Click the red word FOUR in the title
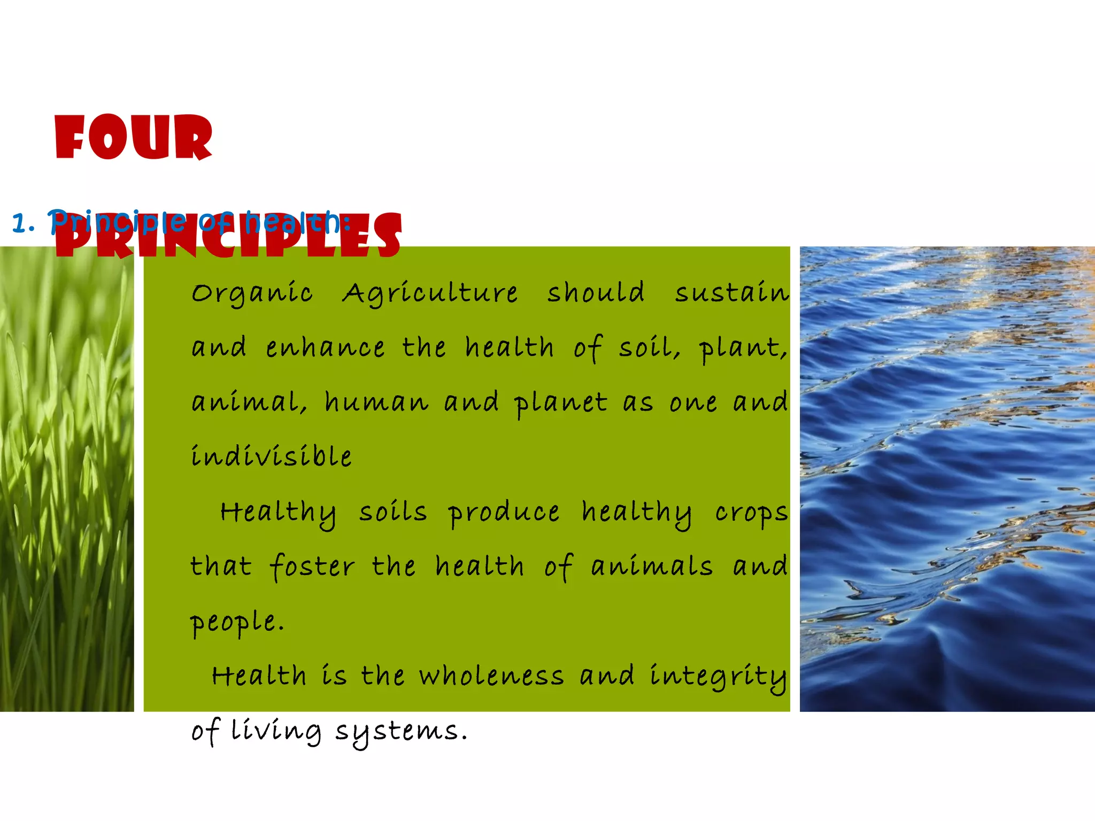tap(134, 137)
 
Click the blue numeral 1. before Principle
tap(23, 223)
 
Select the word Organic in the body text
tap(252, 293)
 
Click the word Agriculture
tap(430, 293)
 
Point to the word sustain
tap(731, 292)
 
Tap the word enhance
tap(325, 348)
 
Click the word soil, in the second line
tap(649, 348)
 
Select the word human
tap(376, 402)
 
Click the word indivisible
tap(272, 456)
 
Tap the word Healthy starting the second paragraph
tap(278, 513)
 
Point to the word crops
tap(751, 513)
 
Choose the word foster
tap(312, 567)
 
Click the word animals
tap(652, 567)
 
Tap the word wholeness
tap(491, 676)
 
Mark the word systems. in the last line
tap(401, 732)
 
